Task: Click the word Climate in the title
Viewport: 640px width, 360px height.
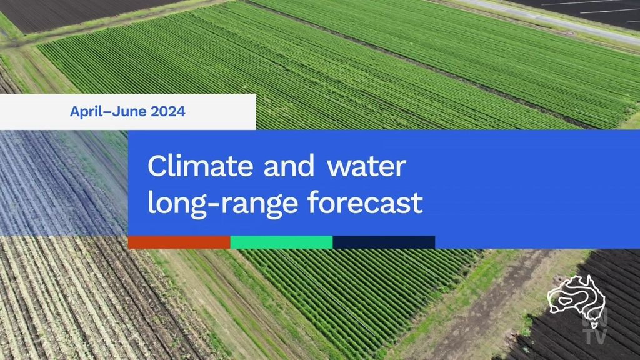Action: [201, 166]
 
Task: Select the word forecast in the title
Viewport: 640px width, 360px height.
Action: [365, 202]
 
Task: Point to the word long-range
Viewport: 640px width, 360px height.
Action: [222, 204]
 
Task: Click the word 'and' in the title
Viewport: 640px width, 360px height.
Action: [289, 166]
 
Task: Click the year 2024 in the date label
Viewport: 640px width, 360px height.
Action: [167, 111]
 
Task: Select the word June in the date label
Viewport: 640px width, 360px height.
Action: [129, 111]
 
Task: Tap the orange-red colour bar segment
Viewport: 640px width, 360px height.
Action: [179, 242]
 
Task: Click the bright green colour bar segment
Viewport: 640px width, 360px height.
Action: [282, 242]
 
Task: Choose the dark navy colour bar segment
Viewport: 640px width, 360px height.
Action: [384, 242]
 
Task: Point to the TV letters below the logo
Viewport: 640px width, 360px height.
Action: [596, 336]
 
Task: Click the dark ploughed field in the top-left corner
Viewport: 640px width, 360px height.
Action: [82, 14]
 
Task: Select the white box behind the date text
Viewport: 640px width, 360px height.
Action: [127, 112]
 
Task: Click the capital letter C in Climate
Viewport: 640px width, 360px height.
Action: [157, 166]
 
